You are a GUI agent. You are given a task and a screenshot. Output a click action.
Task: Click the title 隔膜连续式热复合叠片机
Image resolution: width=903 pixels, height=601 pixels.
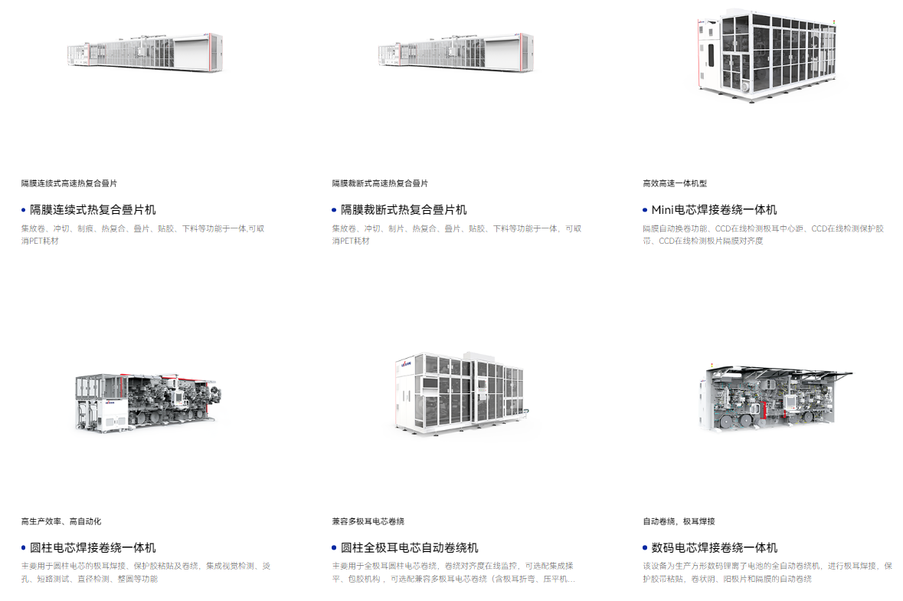93,210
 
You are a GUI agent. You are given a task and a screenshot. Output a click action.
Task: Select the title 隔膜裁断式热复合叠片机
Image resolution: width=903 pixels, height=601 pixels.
404,210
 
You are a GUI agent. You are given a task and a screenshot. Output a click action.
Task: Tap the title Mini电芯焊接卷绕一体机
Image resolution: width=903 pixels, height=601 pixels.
714,210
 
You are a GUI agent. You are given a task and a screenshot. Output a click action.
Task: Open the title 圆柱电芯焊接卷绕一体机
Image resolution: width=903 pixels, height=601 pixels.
93,547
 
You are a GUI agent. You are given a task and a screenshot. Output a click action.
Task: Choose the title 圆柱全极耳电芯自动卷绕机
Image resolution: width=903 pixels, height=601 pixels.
410,547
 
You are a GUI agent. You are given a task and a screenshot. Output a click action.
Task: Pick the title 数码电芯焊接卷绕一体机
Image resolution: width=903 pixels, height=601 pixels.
714,547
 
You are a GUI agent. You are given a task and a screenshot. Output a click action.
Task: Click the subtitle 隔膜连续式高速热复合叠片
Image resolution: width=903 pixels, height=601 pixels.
69,183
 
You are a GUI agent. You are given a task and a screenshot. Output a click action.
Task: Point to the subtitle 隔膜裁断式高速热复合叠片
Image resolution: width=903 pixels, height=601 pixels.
380,183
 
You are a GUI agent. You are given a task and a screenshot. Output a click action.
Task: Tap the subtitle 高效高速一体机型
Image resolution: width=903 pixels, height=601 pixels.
675,183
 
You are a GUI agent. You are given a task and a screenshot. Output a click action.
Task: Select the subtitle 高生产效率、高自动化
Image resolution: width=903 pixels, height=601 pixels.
61,521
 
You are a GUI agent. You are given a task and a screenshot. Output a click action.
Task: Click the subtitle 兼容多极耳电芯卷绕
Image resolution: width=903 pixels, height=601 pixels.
368,521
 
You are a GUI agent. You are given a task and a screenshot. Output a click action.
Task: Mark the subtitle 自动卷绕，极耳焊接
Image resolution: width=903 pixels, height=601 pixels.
679,521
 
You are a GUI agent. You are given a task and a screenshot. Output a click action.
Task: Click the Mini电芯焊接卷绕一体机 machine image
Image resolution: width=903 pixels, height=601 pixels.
767,56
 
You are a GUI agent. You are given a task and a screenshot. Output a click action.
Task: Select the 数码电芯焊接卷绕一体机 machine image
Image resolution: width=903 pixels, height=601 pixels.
775,398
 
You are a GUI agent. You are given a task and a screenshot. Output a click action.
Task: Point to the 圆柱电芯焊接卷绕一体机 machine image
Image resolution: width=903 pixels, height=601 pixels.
148,402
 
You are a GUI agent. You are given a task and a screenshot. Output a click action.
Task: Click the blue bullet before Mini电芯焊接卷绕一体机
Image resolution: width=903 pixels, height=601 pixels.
645,210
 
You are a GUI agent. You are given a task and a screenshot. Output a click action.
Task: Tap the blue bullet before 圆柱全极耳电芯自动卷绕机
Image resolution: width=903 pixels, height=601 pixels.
334,547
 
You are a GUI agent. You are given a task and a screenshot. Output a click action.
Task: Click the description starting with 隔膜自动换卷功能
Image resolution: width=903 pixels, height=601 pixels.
763,235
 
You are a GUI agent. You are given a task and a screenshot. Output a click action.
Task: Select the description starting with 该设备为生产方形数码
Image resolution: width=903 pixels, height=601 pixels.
767,572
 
